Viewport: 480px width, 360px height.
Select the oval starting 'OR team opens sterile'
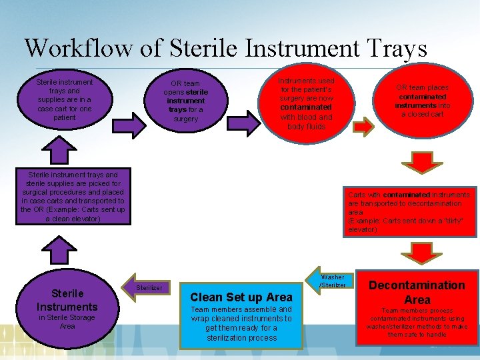pos(186,101)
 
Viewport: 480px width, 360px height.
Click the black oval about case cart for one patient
pos(65,99)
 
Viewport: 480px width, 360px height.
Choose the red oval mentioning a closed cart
pos(422,101)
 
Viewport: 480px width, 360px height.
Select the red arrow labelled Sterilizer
pos(146,287)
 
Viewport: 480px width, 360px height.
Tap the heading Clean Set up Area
pos(241,297)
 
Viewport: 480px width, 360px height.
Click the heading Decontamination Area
pos(417,292)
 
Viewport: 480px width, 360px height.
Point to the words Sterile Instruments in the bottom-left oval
pos(67,300)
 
